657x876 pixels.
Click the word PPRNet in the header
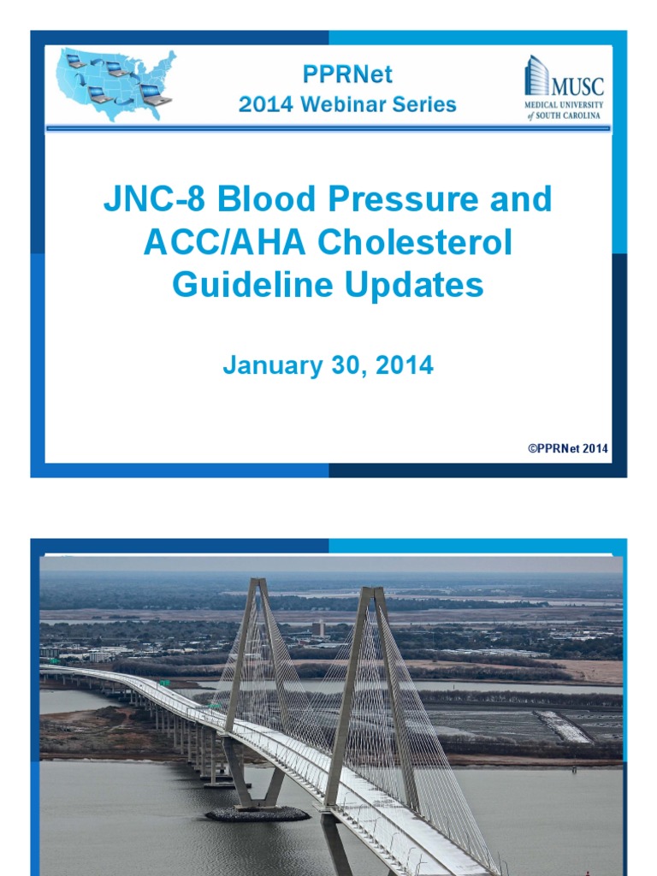click(347, 74)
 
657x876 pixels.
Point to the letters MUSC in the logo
click(577, 86)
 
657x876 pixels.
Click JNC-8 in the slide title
click(155, 200)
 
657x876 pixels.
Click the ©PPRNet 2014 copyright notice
click(568, 448)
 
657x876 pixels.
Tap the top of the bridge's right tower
click(374, 591)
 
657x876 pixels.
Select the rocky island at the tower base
click(257, 814)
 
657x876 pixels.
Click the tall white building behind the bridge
click(319, 628)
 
